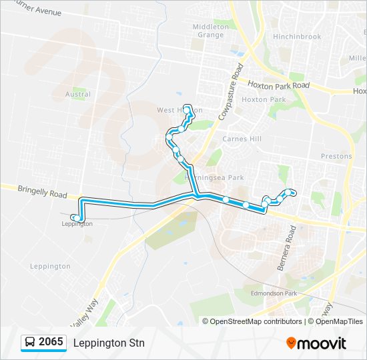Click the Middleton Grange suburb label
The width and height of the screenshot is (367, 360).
coord(211,31)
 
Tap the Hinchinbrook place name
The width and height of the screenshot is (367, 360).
coord(297,37)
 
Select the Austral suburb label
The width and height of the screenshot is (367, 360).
coord(78,95)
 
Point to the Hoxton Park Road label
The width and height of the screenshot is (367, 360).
coord(279,85)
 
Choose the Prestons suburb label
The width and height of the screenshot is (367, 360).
coord(336,156)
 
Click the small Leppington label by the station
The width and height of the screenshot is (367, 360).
coord(77,224)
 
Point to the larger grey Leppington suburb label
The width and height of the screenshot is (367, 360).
coord(50,266)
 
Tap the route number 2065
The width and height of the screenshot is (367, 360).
coord(51,343)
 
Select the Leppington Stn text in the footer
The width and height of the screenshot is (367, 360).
coord(109,343)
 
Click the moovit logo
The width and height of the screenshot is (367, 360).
coord(316,343)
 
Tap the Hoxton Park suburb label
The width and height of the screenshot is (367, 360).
coord(264,99)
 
